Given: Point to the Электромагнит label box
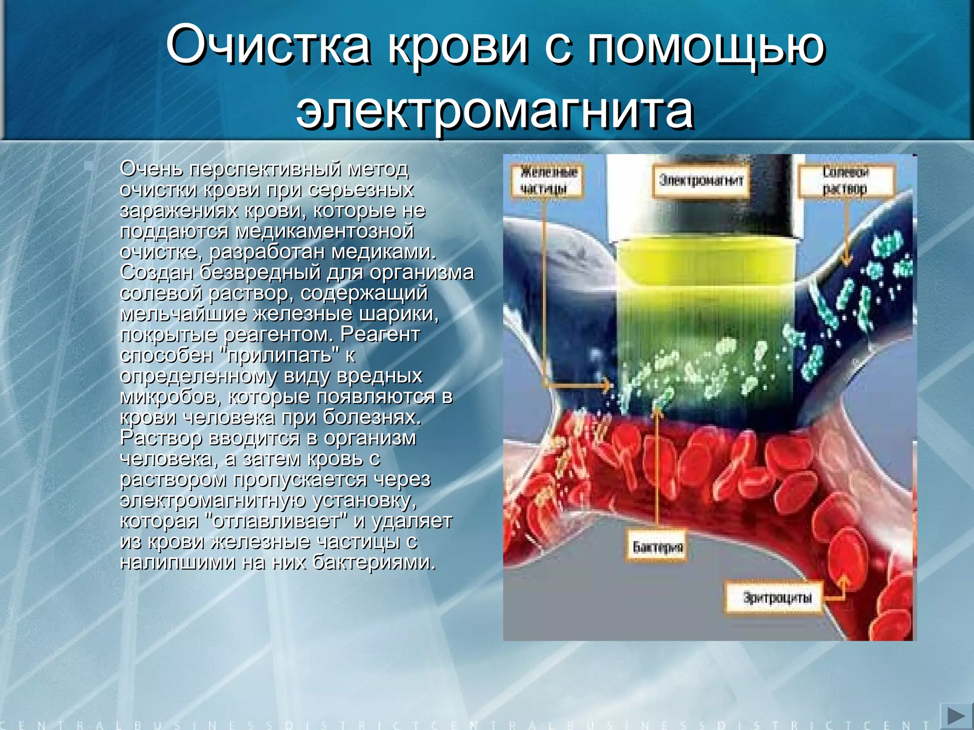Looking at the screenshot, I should (701, 181).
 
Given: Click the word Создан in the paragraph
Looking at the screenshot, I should (156, 272).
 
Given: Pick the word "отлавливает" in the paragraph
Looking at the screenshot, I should (278, 521).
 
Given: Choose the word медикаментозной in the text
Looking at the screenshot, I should (324, 231).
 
